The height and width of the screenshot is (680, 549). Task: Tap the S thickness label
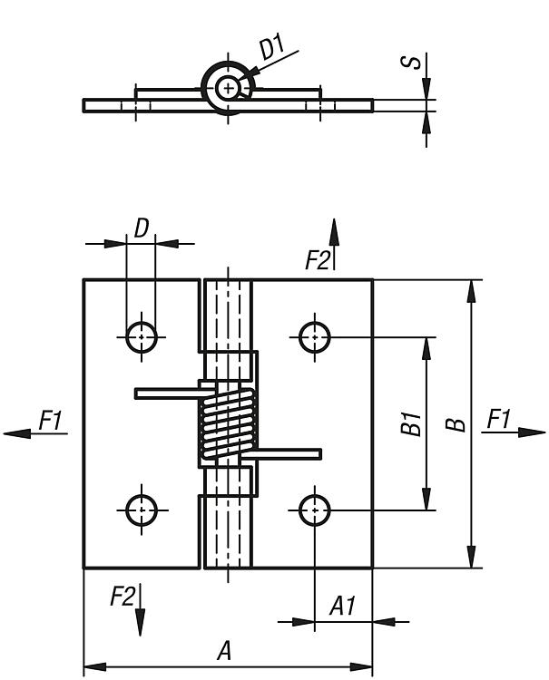pos(414,63)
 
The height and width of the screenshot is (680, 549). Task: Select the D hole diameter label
pos(141,228)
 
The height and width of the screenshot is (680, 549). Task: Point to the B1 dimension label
pos(412,423)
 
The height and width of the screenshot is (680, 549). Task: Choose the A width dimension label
pos(224,650)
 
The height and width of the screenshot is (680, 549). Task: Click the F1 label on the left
pos(50,419)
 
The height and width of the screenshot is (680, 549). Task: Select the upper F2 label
pos(317,261)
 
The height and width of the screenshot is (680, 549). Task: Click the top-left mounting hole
pos(141,336)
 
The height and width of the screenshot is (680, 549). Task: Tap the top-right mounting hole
pos(314,336)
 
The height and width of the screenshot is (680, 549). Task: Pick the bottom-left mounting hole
pos(141,510)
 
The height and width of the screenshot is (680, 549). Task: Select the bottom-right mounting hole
pos(314,510)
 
